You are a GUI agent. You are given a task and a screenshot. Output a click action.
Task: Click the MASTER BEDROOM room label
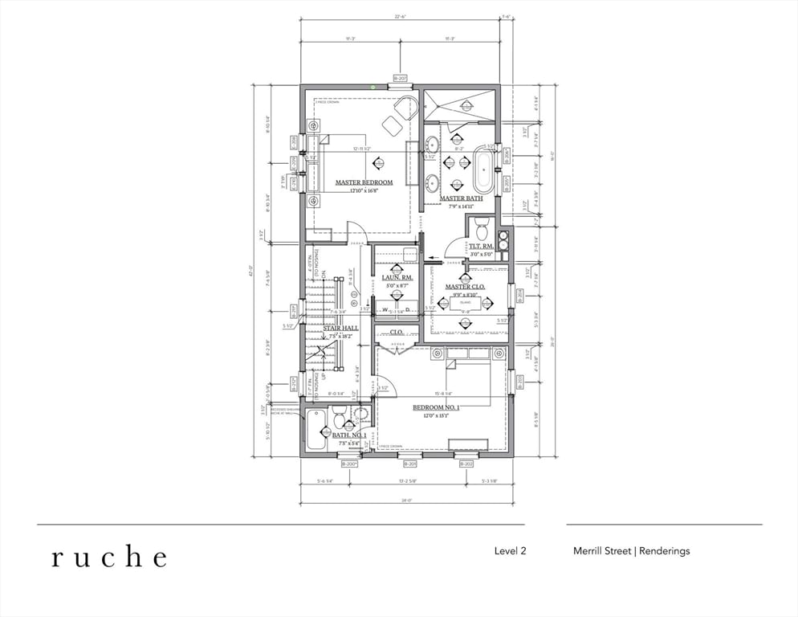pos(364,182)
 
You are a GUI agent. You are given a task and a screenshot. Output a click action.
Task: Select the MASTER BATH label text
pos(461,198)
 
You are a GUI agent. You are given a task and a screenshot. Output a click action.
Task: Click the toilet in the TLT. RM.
pos(482,228)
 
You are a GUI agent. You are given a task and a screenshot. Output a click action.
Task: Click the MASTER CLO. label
pos(465,287)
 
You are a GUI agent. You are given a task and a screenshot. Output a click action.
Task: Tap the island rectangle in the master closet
pos(464,306)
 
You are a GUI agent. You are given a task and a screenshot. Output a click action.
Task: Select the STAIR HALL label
pos(340,328)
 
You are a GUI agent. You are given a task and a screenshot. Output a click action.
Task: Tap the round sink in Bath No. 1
pos(360,415)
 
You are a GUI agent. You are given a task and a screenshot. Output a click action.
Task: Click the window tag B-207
pos(399,79)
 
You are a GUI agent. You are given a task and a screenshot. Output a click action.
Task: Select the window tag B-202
pos(466,464)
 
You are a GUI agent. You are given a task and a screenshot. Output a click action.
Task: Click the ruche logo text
pos(110,557)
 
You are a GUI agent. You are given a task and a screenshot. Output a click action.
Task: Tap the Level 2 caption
pos(510,551)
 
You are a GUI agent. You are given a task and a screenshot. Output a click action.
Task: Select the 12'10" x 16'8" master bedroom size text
pos(364,191)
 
